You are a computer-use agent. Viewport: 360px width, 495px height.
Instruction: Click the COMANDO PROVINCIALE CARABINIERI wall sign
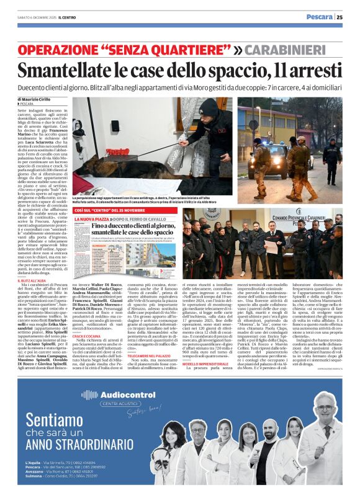[x=301, y=221]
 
